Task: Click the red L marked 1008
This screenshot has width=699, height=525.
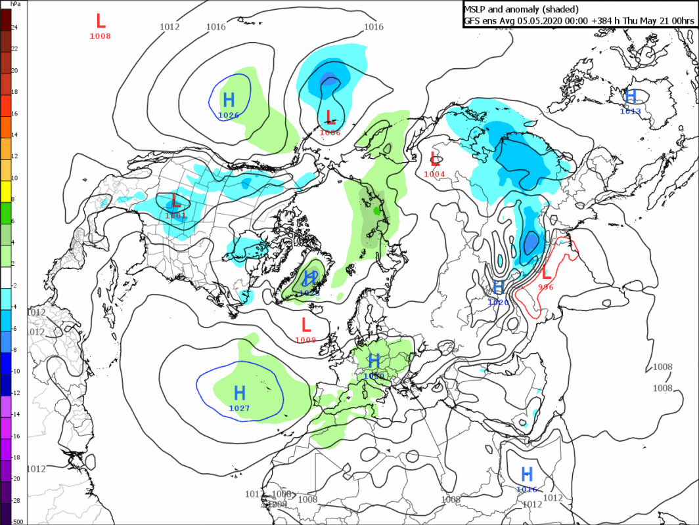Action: (101, 20)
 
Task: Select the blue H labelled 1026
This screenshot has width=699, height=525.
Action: (229, 100)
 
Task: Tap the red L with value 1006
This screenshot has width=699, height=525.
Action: (331, 118)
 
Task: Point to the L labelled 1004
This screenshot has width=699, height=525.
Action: (434, 159)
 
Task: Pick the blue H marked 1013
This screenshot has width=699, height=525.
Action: (631, 96)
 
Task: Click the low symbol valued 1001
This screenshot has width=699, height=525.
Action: (175, 200)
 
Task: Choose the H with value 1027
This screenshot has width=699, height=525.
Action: (240, 394)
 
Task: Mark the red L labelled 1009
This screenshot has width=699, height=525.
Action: (306, 324)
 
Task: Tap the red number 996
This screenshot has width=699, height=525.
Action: (546, 287)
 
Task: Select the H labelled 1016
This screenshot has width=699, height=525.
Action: (527, 474)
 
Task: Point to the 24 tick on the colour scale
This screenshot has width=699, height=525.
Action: (14, 27)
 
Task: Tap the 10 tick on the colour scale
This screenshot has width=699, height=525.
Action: (14, 178)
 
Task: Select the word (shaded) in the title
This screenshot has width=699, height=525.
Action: (561, 9)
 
